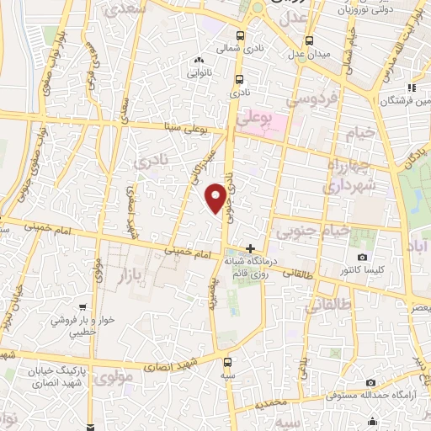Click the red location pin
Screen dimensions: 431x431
(217, 198)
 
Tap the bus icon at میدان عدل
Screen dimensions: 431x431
(310, 40)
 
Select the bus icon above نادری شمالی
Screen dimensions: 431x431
(242, 36)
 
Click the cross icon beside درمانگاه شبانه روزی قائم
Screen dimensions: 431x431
(250, 248)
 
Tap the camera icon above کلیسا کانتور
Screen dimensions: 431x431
(362, 257)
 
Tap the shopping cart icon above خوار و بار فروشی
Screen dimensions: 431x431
(81, 308)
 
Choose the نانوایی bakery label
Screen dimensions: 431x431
(200, 73)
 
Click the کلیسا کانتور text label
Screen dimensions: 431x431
(363, 270)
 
